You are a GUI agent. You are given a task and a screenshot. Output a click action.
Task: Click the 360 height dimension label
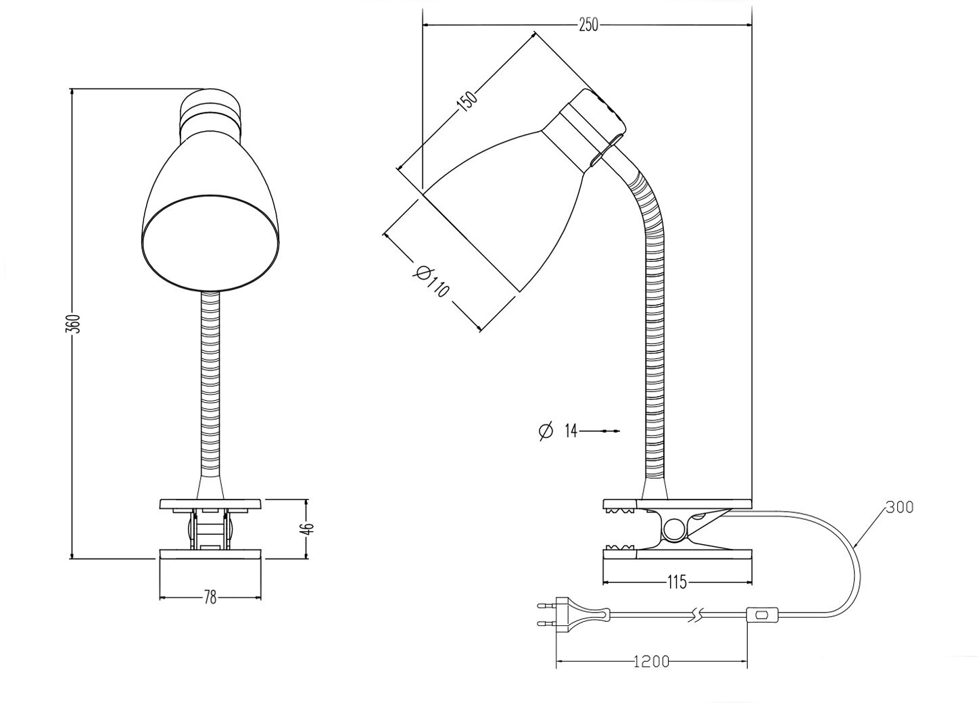tap(76, 323)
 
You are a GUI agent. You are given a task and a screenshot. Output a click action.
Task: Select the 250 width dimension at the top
tap(588, 25)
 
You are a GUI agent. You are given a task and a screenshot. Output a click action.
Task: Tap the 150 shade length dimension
tap(467, 100)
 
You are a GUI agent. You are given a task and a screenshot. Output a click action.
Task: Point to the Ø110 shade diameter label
tap(431, 281)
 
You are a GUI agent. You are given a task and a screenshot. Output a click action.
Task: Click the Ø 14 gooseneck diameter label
tap(559, 431)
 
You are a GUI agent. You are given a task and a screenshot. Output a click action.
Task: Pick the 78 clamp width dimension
tap(210, 598)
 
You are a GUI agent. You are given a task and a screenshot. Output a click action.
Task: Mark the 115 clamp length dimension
tap(677, 581)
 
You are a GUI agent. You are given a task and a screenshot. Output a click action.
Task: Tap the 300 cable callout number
tap(899, 507)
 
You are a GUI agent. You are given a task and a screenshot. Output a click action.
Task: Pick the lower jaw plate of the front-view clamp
tap(210, 554)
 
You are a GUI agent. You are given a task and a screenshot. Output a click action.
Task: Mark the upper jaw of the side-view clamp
tap(676, 504)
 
